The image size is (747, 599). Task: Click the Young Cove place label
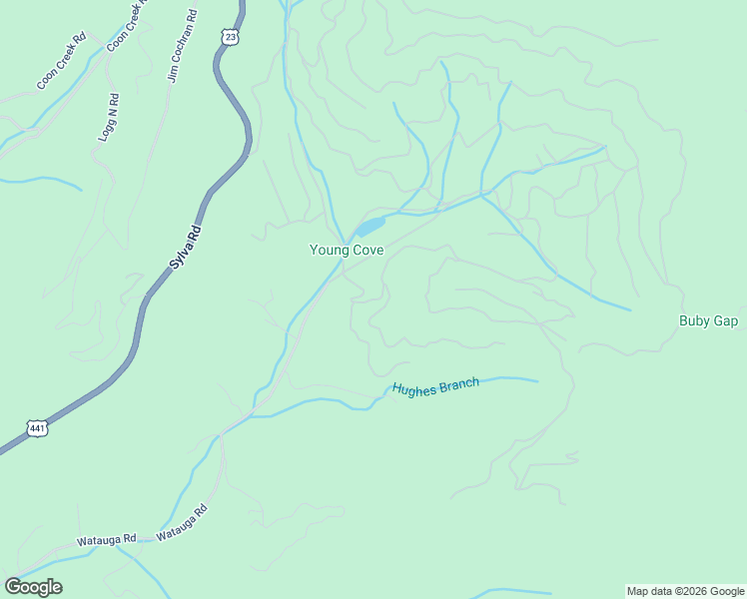click(x=347, y=251)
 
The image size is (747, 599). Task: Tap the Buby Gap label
click(x=708, y=320)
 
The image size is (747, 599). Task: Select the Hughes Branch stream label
click(x=435, y=387)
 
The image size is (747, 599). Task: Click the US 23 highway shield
click(x=231, y=36)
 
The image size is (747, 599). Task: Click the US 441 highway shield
click(x=36, y=427)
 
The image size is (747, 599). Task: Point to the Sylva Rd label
click(x=183, y=248)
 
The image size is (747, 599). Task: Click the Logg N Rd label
click(x=108, y=118)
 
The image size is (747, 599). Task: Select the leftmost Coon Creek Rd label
click(x=61, y=62)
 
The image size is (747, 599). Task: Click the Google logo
click(x=33, y=587)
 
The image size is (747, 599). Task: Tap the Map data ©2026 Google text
click(x=684, y=591)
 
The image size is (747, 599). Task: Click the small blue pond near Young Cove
click(x=369, y=227)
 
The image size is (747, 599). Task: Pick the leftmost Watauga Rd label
click(x=106, y=540)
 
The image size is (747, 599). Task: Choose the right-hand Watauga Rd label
click(x=182, y=522)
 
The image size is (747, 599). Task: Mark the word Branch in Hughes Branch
click(x=457, y=384)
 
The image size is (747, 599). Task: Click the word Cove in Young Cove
click(x=367, y=251)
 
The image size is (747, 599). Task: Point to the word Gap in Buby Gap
click(x=726, y=320)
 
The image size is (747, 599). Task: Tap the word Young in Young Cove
click(x=328, y=251)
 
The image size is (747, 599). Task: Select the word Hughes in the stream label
click(x=412, y=390)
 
